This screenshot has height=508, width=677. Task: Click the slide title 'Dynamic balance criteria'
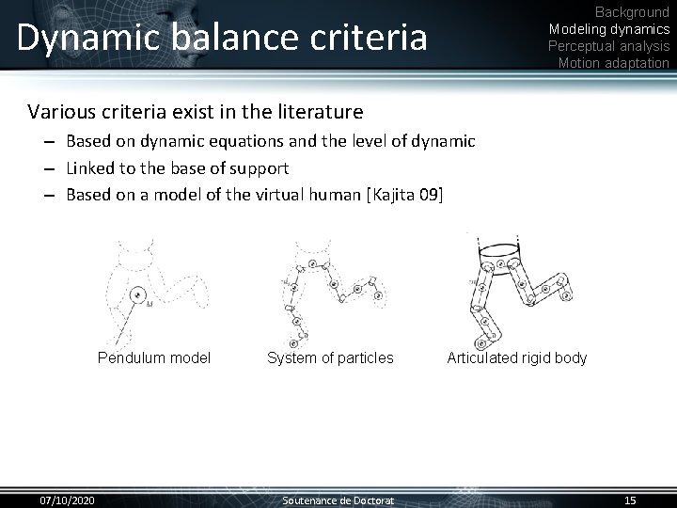(x=221, y=37)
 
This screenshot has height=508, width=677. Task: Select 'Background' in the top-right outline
(x=632, y=12)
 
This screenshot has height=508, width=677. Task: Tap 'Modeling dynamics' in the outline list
(x=608, y=29)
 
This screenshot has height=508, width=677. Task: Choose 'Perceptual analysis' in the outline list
(x=608, y=46)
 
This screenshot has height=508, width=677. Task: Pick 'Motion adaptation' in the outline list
(x=613, y=63)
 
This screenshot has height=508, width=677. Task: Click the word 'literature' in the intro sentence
(x=315, y=113)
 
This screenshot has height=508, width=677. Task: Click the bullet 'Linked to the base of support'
(x=177, y=167)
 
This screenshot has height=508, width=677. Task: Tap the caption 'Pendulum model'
(x=154, y=357)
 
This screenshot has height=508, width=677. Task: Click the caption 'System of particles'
(x=330, y=357)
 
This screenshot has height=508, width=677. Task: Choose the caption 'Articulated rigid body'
(x=516, y=357)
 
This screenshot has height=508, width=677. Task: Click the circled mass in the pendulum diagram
(x=137, y=295)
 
